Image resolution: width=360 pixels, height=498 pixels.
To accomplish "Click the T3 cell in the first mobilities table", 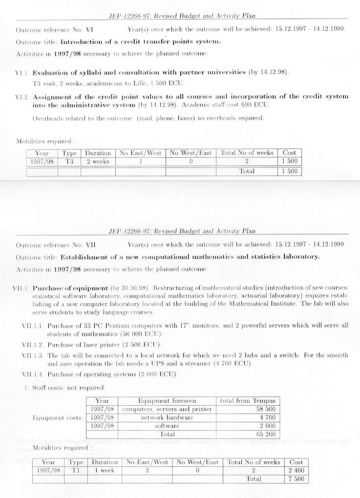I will tap(69, 162).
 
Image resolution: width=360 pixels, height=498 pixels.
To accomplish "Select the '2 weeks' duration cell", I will tap(98, 162).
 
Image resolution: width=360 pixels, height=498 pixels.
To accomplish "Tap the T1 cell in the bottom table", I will tap(76, 470).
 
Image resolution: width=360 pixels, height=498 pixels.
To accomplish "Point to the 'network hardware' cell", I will tap(167, 417).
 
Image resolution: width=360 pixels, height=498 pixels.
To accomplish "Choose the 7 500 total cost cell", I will tap(296, 479).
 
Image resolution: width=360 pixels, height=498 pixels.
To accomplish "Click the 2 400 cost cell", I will tap(296, 470).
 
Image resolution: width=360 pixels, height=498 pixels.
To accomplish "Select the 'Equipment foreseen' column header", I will tap(167, 401).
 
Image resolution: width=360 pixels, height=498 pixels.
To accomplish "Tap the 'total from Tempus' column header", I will tap(249, 401).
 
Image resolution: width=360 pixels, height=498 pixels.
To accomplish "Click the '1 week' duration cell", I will tap(105, 470).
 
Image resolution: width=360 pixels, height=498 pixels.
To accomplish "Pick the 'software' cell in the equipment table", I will tap(167, 426).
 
